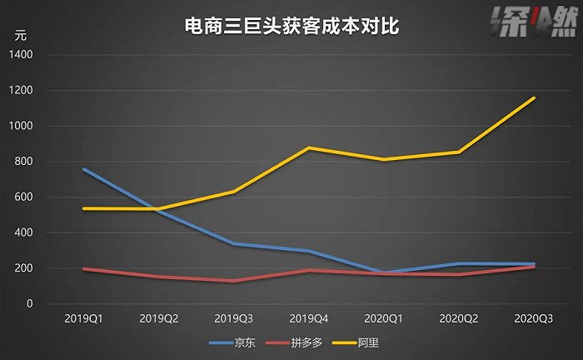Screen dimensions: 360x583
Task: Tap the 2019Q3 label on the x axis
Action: pos(233,318)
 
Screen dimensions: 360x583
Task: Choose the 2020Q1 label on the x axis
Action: pos(383,318)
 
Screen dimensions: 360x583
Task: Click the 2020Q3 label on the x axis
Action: pos(533,318)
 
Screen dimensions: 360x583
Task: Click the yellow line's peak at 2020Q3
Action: pos(534,98)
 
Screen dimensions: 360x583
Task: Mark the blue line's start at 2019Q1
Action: pos(83,170)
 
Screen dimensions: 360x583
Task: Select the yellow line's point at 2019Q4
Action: pos(308,148)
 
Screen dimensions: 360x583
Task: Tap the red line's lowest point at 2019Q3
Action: pos(233,281)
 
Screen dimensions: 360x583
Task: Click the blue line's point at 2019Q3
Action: pos(233,244)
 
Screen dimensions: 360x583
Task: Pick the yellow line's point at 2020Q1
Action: pos(383,160)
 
